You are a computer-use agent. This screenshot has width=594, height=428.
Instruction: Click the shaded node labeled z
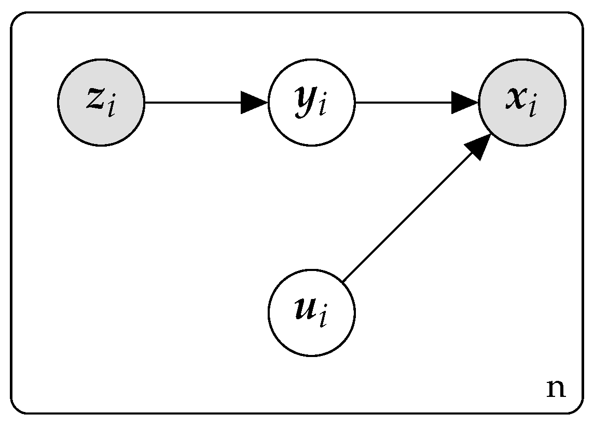(101, 103)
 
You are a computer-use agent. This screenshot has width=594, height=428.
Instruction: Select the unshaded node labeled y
(312, 103)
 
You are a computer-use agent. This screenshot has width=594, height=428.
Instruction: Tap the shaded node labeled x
(522, 103)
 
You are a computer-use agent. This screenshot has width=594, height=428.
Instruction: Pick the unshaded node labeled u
(312, 313)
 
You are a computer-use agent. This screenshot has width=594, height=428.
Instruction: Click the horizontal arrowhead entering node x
(465, 103)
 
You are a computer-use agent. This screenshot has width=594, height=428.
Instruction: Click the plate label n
(556, 388)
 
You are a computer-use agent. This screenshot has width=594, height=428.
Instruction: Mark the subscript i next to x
(532, 108)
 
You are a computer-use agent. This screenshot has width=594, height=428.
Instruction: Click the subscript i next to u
(323, 318)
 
